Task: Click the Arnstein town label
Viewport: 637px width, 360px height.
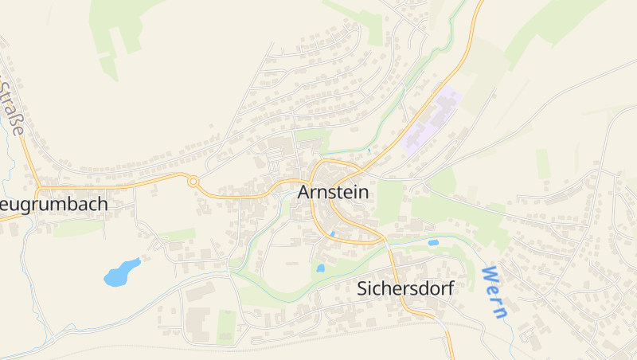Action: coord(334,192)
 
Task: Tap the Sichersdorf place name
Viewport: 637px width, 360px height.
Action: coord(405,288)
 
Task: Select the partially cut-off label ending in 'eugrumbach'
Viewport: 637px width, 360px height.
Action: coord(53,204)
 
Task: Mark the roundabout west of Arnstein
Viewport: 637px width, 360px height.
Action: coord(193,182)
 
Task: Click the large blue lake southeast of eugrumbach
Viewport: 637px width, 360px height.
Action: coord(121,272)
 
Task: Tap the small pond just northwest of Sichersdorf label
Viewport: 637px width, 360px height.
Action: coord(320,268)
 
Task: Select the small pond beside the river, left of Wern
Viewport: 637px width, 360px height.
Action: coord(433,242)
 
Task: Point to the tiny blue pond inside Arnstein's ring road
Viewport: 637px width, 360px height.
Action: coord(332,233)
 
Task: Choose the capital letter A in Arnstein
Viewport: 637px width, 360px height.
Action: coord(304,192)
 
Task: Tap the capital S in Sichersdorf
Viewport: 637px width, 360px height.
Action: coord(362,288)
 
